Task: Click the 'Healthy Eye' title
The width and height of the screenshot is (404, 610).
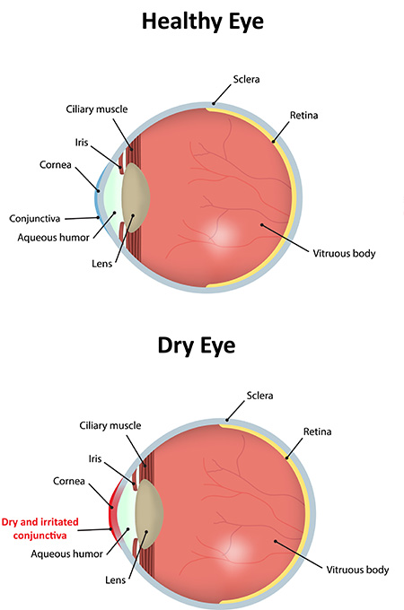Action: pyautogui.click(x=202, y=22)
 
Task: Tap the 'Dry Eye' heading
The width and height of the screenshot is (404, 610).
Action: pyautogui.click(x=197, y=346)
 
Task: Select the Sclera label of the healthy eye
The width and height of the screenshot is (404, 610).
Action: pyautogui.click(x=246, y=79)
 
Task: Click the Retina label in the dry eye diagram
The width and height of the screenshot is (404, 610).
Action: pyautogui.click(x=317, y=431)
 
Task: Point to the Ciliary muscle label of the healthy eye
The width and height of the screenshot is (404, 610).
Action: pyautogui.click(x=97, y=109)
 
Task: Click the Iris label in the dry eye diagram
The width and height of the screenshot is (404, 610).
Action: pyautogui.click(x=95, y=458)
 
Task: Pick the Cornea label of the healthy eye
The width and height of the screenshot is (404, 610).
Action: pyautogui.click(x=56, y=165)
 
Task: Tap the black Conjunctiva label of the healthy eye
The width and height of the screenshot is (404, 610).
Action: pyautogui.click(x=35, y=219)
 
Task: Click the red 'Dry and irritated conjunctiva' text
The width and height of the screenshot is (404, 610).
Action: pyautogui.click(x=40, y=528)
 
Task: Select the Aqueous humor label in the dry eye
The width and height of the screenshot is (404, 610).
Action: pyautogui.click(x=67, y=554)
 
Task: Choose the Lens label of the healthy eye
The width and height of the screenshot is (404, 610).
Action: pyautogui.click(x=102, y=264)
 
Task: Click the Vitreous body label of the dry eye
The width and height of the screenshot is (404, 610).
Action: pyautogui.click(x=357, y=570)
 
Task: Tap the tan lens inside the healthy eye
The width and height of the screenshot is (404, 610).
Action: pyautogui.click(x=135, y=197)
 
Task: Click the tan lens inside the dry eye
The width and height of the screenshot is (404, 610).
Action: pyautogui.click(x=149, y=514)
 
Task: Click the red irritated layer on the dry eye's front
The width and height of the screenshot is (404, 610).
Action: pyautogui.click(x=111, y=510)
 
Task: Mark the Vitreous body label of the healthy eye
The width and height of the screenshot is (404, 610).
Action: pyautogui.click(x=344, y=254)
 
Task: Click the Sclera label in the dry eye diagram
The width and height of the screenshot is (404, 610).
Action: pyautogui.click(x=260, y=396)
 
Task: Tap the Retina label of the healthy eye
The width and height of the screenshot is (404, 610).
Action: pyautogui.click(x=304, y=116)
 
